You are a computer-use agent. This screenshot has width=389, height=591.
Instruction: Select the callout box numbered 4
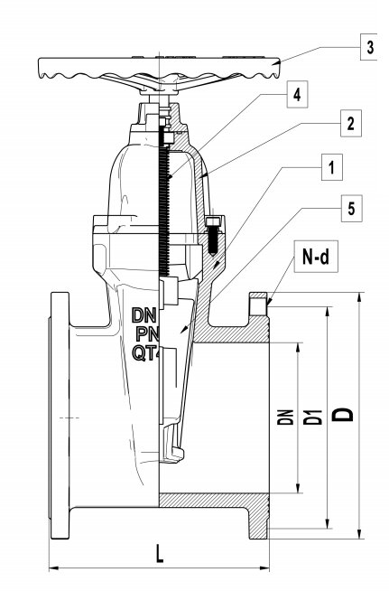(297, 94)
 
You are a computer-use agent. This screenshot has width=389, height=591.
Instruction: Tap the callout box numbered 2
(351, 123)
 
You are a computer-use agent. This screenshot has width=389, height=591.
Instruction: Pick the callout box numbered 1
(332, 167)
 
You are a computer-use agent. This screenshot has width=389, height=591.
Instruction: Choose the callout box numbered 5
(352, 208)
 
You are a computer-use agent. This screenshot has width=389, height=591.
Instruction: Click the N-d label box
(316, 257)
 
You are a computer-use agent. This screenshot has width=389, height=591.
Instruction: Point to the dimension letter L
(160, 554)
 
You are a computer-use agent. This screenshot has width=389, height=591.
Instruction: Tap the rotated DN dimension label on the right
(285, 417)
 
